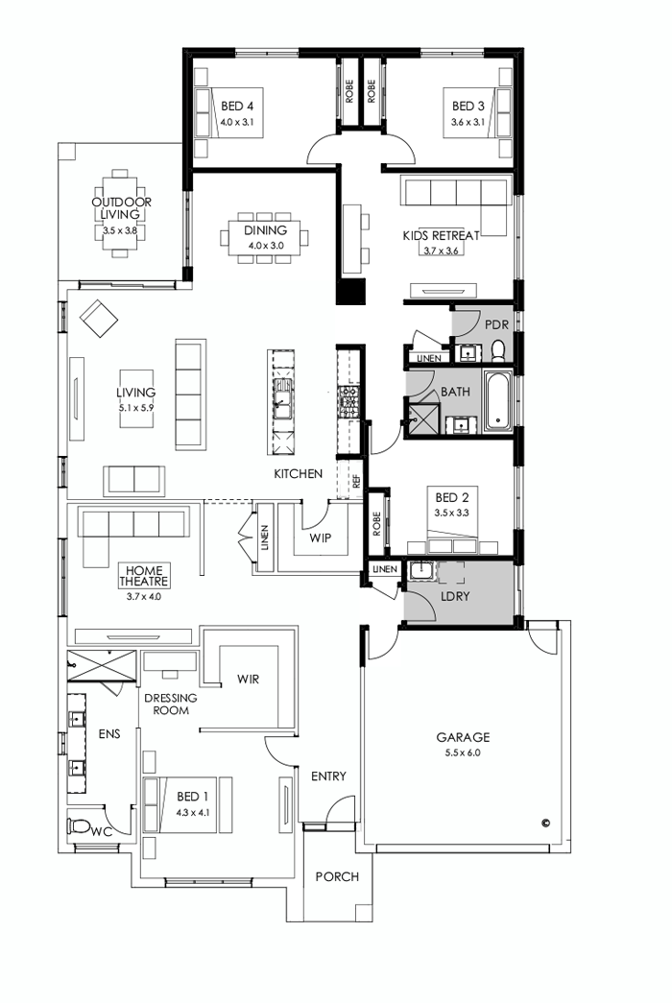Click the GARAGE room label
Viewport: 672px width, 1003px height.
point(463,737)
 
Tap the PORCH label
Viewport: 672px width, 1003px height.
point(337,876)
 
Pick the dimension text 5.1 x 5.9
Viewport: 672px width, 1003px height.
point(136,407)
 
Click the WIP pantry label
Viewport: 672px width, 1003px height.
point(320,537)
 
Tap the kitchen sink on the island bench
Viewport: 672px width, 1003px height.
point(282,396)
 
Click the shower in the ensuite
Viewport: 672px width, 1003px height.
point(102,664)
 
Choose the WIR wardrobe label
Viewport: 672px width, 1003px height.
point(249,679)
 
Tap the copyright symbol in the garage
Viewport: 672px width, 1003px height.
point(544,822)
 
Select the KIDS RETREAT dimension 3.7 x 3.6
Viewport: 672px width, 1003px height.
point(442,251)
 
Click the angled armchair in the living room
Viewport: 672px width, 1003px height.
point(98,318)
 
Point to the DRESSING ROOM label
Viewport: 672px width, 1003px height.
point(172,704)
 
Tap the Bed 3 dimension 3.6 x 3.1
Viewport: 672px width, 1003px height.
point(470,123)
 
